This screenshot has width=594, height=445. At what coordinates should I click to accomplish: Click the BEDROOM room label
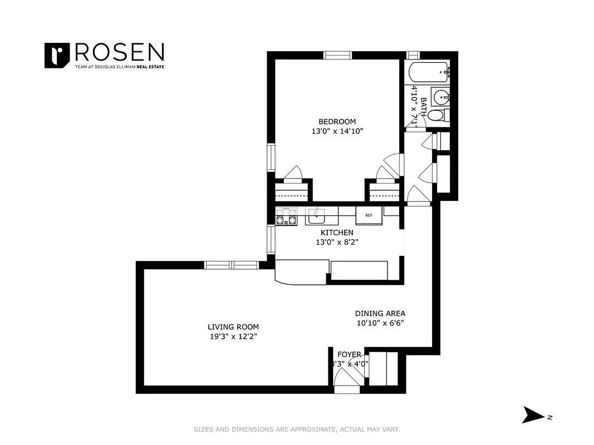(337, 122)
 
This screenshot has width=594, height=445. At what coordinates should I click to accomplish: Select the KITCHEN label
(337, 233)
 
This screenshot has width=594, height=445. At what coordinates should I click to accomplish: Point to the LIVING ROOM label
(233, 327)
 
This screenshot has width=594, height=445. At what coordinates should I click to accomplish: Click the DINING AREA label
(380, 313)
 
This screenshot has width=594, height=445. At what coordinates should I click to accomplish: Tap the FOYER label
(350, 354)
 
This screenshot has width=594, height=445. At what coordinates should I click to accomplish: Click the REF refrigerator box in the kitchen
(369, 215)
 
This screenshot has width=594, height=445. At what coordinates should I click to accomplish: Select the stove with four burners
(287, 216)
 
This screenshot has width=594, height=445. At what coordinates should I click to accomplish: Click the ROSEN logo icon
(56, 56)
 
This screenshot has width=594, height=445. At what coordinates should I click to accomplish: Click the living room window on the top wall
(231, 265)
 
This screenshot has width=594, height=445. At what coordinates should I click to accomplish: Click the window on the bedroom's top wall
(338, 55)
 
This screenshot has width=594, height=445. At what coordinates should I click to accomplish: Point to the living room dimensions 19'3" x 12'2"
(233, 337)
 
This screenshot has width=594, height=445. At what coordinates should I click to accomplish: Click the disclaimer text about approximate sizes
(297, 429)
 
